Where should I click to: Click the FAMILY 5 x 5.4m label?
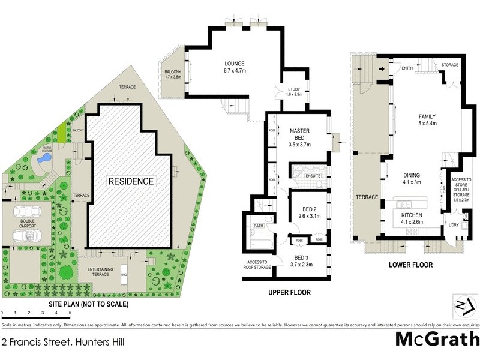pos(427,120)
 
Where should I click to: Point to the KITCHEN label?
pos(412,218)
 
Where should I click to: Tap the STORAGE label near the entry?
pos(450,64)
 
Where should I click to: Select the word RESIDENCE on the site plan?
pos(131,181)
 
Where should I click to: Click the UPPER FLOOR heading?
pos(290,293)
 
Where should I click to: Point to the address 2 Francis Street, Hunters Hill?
pos(67,343)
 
